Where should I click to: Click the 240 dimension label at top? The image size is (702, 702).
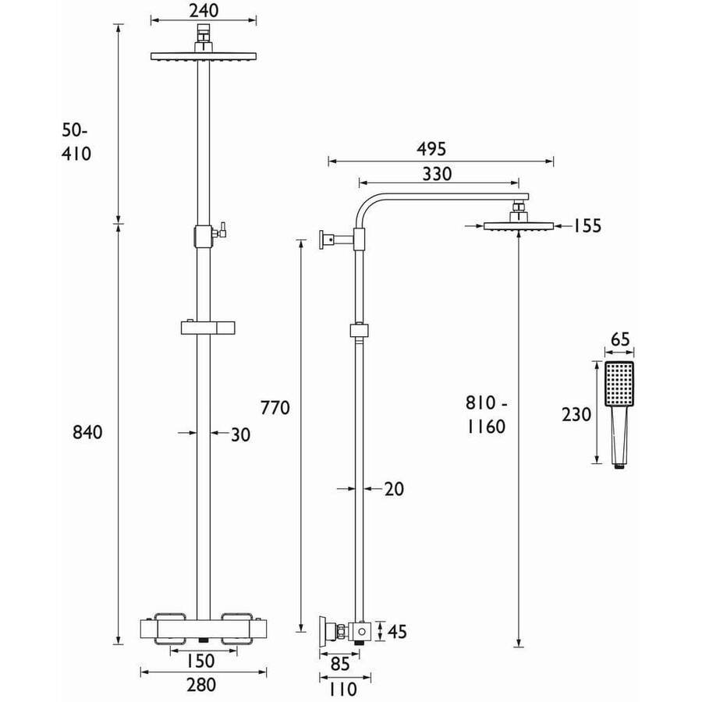204,11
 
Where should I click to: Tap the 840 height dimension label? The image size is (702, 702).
87,432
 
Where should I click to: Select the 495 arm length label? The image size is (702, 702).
431,149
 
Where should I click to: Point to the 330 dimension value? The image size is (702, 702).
437,174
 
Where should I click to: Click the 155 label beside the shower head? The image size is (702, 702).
587,226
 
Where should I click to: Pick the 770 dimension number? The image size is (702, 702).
275,408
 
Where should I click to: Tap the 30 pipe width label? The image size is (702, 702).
240,434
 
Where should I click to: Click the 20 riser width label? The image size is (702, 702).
394,489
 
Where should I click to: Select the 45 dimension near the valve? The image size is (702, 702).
397,632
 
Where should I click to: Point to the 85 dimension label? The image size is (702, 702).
340,664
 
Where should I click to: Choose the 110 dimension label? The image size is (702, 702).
343,689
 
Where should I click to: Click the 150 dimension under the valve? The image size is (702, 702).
201,661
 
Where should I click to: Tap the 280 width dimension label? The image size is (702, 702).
201,685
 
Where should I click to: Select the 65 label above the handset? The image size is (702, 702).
620,339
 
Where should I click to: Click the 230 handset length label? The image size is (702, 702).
576,415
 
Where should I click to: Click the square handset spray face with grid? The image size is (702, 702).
619,384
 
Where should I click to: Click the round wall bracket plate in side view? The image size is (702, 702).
322,239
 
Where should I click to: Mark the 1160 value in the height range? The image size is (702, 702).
486,427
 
